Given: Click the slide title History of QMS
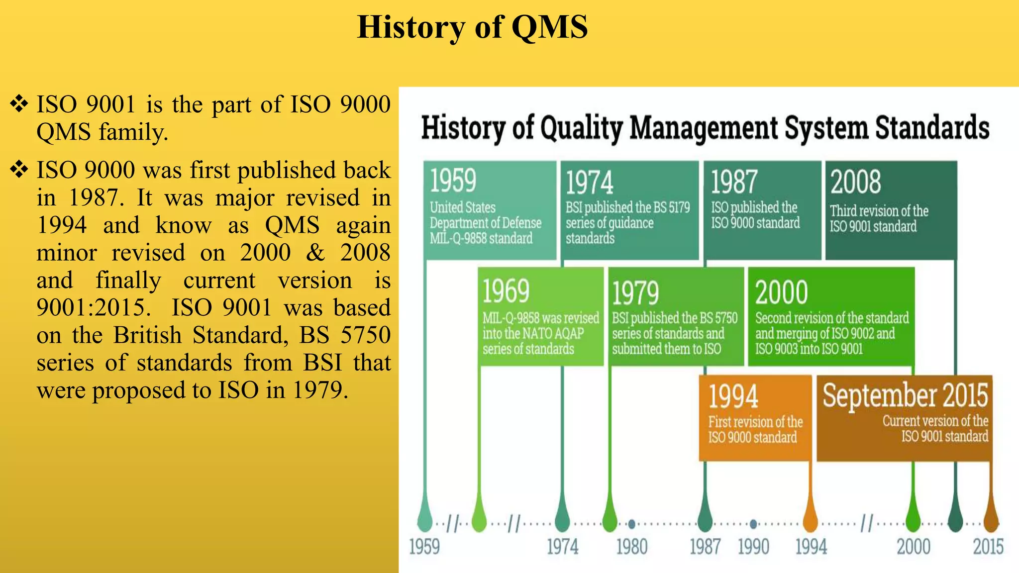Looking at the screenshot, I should [x=472, y=27].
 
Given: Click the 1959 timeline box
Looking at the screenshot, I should [x=490, y=210].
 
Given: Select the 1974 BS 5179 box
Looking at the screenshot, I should [x=629, y=210].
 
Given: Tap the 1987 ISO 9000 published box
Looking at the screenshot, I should [x=762, y=210].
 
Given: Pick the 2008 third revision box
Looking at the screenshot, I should [x=891, y=210].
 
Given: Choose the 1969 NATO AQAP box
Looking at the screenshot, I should [x=540, y=316].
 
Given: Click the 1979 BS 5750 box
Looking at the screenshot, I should [x=676, y=316].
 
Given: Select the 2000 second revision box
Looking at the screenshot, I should [x=831, y=316].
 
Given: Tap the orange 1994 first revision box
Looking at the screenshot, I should [x=755, y=417].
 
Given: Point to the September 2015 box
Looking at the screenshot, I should [x=904, y=417].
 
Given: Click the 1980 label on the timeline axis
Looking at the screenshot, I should [x=631, y=547].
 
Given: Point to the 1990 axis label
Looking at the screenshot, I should [x=753, y=547].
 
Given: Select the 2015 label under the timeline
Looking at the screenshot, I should [x=988, y=547].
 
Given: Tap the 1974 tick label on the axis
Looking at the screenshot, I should [x=562, y=547].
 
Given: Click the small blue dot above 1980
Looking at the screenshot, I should [x=631, y=524].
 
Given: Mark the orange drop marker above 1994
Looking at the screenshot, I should [x=811, y=517].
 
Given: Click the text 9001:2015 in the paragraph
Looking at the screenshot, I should [x=93, y=308].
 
